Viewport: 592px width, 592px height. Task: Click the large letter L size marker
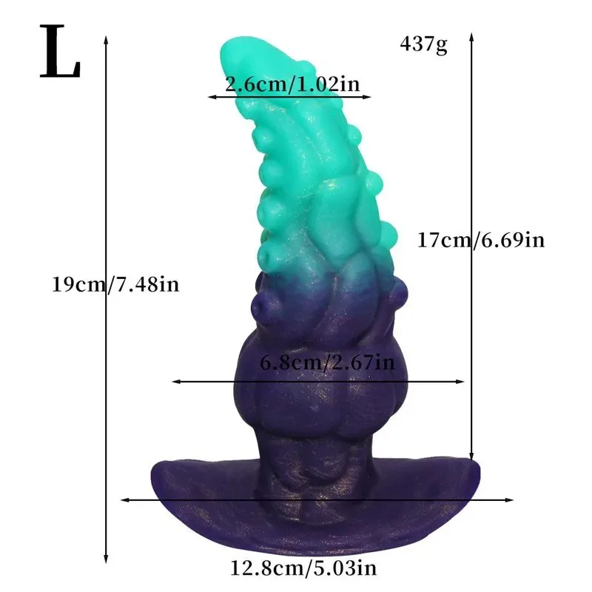pyautogui.click(x=60, y=51)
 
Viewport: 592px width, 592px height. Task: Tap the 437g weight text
pyautogui.click(x=423, y=45)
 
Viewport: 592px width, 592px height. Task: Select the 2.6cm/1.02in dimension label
pyautogui.click(x=292, y=84)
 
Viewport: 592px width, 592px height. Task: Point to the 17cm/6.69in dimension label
pyautogui.click(x=481, y=240)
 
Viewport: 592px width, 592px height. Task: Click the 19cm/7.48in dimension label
pyautogui.click(x=115, y=284)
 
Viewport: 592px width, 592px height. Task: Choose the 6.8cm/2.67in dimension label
pyautogui.click(x=327, y=363)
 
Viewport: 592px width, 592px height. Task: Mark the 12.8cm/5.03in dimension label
pyautogui.click(x=303, y=568)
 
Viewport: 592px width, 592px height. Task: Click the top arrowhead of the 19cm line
pyautogui.click(x=106, y=39)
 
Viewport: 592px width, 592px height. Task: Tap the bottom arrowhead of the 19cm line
pyautogui.click(x=106, y=560)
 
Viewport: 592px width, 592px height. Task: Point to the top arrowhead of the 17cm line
pyautogui.click(x=471, y=37)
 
